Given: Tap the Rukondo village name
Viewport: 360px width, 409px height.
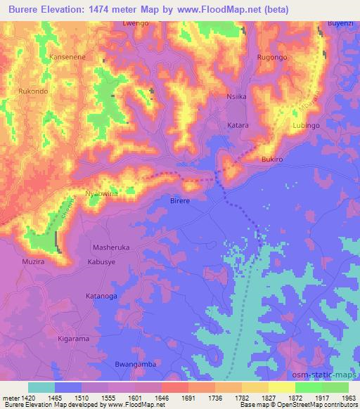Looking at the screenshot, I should coord(33,90).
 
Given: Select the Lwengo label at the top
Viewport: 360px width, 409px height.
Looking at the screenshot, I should coord(135,23).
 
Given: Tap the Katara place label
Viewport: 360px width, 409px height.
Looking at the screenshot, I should coord(238,125).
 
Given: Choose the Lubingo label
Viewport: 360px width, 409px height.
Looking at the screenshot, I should coord(306,125).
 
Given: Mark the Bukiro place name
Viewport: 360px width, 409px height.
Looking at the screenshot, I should coord(272,160).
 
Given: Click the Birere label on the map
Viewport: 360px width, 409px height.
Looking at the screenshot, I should coord(180,200).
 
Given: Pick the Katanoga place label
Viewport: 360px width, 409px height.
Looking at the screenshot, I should coord(102,297).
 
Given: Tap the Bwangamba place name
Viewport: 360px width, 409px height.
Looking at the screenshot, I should coord(133,365).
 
